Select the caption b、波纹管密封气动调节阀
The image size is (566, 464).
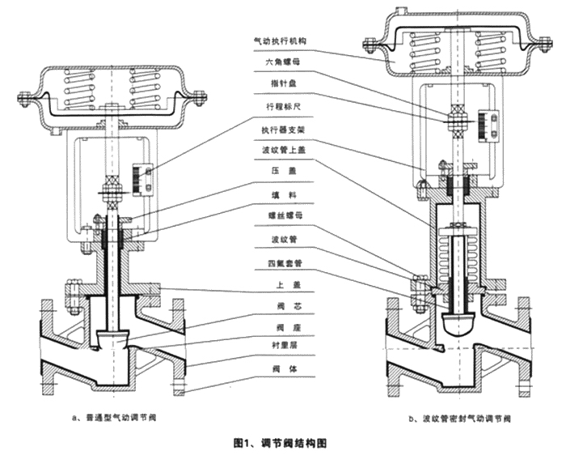click(x=462, y=419)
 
